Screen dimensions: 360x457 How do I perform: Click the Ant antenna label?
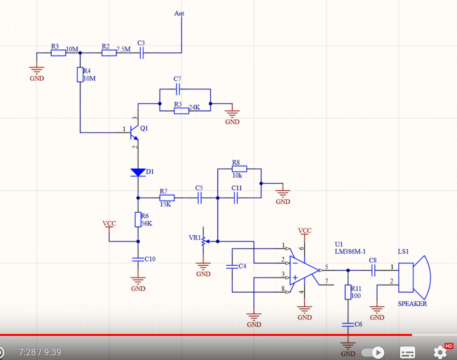click(179, 14)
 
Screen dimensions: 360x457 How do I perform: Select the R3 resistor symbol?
click(58, 53)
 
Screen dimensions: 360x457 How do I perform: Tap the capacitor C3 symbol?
click(141, 53)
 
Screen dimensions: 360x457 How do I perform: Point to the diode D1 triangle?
click(138, 172)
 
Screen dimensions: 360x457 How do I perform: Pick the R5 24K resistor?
click(181, 111)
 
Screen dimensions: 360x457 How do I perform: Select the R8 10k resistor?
click(239, 169)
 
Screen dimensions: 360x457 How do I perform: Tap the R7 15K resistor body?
click(167, 197)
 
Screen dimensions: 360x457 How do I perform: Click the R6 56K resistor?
click(138, 220)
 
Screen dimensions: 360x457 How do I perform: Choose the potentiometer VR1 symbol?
click(203, 241)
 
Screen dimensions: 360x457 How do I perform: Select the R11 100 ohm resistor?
click(348, 292)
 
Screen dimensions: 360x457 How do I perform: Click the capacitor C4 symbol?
click(232, 267)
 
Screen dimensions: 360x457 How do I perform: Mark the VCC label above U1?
click(305, 231)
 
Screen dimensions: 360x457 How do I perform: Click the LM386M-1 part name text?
click(350, 252)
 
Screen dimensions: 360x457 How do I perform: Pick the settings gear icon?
click(440, 352)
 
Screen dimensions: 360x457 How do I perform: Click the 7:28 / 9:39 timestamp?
click(40, 352)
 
